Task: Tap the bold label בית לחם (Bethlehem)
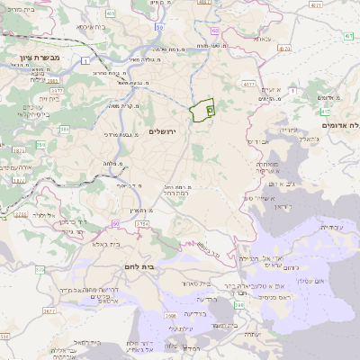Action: [164, 267]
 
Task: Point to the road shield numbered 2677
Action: [49, 311]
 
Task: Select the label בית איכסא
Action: [90, 27]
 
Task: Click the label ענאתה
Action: [273, 90]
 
